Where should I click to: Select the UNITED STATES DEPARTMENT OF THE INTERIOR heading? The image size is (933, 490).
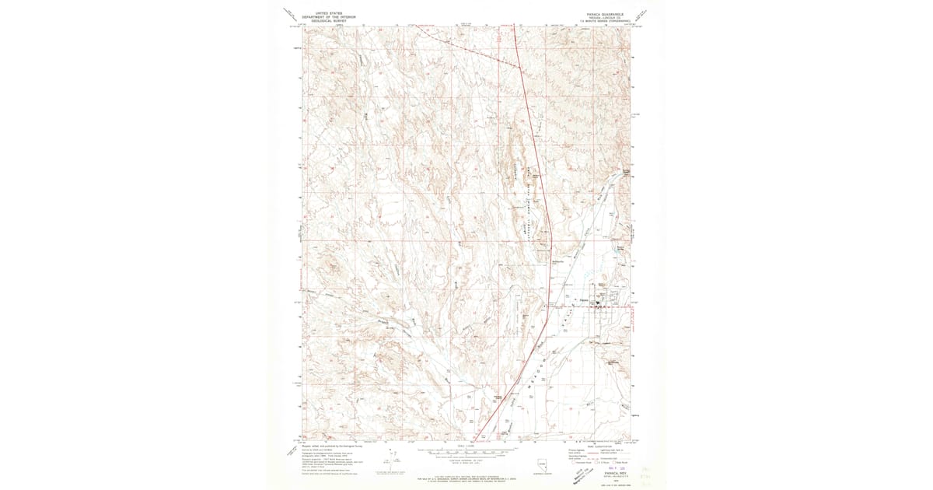[327, 16]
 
